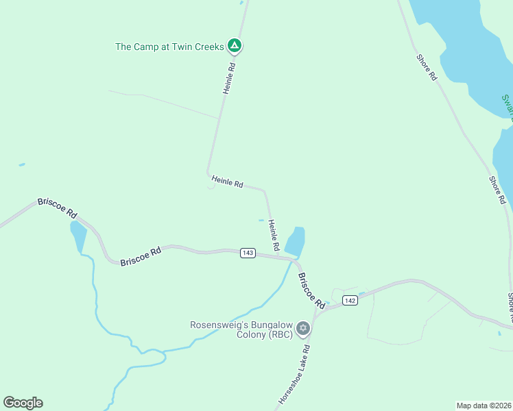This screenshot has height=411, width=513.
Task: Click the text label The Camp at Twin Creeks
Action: [x=169, y=47]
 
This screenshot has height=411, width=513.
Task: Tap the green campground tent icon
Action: [x=235, y=46]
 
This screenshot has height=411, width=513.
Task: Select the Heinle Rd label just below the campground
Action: [x=229, y=79]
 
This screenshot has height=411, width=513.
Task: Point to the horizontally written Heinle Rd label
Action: [x=228, y=182]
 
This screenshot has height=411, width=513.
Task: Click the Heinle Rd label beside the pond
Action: [x=274, y=234]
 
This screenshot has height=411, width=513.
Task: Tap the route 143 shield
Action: [x=248, y=253]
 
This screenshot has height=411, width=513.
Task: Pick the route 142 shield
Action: [x=349, y=300]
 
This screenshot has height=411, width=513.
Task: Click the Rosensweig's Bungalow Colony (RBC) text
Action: [x=241, y=329]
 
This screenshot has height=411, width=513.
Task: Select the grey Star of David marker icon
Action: [x=303, y=329]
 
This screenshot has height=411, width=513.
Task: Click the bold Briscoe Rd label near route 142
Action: [x=311, y=290]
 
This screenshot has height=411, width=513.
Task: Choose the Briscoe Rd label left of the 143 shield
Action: [x=140, y=257]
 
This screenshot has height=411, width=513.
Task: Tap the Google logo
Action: [x=23, y=403]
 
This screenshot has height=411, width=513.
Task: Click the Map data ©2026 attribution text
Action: [x=484, y=405]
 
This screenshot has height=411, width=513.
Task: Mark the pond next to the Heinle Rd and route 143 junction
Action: [x=295, y=241]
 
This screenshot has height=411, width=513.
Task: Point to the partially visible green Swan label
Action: [x=507, y=107]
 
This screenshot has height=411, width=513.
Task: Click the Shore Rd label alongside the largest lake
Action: [x=426, y=67]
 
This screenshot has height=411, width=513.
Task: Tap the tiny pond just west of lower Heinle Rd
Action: [x=261, y=220]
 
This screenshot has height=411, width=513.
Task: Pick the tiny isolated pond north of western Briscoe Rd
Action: [x=22, y=164]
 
